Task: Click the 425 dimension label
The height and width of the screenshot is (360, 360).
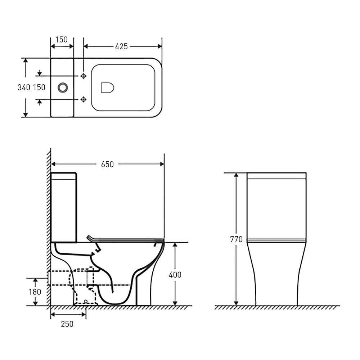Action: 121,46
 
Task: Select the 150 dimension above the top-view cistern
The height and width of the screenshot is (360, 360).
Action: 62,40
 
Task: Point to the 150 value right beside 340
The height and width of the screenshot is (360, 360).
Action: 39,87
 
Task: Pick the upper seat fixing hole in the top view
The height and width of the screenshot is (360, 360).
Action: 84,76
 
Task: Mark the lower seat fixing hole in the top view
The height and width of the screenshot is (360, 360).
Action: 84,99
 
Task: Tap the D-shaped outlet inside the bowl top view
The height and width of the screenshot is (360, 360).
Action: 107,87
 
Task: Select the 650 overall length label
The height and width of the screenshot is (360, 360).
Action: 107,164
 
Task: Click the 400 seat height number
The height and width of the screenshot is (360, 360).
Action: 175,275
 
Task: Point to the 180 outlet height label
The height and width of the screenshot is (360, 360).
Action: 35,292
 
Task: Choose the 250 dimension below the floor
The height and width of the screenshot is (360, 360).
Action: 67,324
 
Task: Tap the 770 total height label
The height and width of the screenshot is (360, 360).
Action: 237,239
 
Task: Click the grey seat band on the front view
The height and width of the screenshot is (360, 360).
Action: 276,240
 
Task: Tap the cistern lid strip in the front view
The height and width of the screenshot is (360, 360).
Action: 276,176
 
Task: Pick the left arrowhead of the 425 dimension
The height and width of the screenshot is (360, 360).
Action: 86,46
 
